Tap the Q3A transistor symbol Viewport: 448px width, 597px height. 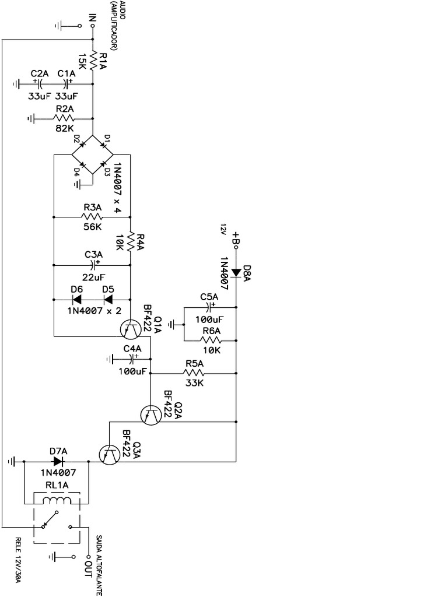click(x=109, y=455)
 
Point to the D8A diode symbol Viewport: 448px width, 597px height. click(x=236, y=272)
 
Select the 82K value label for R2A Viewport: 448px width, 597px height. click(x=64, y=128)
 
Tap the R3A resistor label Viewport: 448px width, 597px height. click(x=93, y=207)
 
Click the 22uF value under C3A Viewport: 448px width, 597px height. click(x=93, y=277)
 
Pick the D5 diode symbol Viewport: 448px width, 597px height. click(x=108, y=300)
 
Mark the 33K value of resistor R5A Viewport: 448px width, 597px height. click(x=194, y=384)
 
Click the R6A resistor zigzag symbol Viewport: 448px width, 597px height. click(x=209, y=340)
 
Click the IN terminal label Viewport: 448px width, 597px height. click(x=92, y=18)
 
